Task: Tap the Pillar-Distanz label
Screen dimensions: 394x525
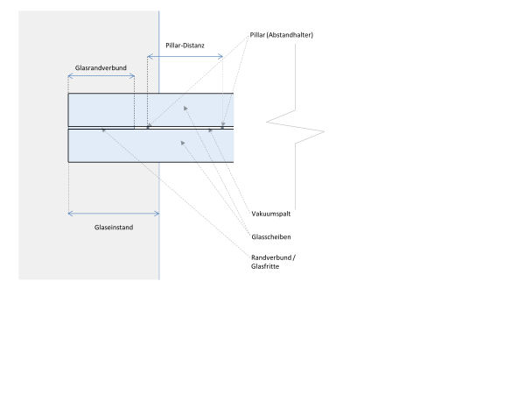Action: [184, 44]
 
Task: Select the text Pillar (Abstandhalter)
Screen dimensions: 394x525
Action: [280, 35]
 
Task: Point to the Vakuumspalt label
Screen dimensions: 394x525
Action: [272, 213]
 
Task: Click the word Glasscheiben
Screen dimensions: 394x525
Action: [271, 237]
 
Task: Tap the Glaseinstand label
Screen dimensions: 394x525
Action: [114, 227]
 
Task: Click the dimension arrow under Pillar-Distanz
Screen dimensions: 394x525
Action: [185, 57]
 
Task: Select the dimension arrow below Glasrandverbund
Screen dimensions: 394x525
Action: [101, 76]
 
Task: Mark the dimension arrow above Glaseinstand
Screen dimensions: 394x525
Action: [114, 213]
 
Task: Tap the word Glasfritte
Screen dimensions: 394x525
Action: [266, 267]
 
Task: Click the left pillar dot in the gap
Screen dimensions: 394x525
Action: [148, 128]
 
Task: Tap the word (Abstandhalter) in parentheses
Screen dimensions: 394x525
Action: [291, 35]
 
